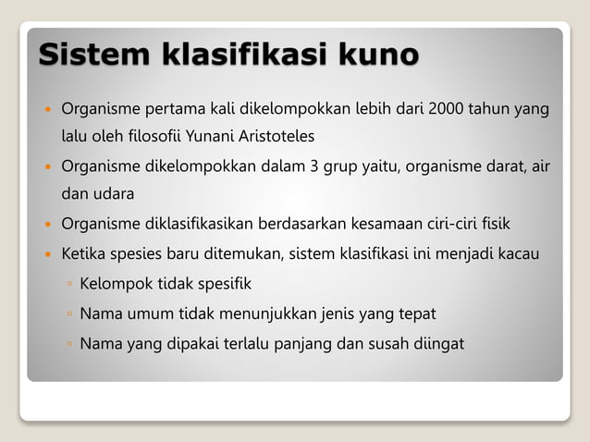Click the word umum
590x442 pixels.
point(149,313)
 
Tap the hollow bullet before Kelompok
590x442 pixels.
point(69,284)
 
